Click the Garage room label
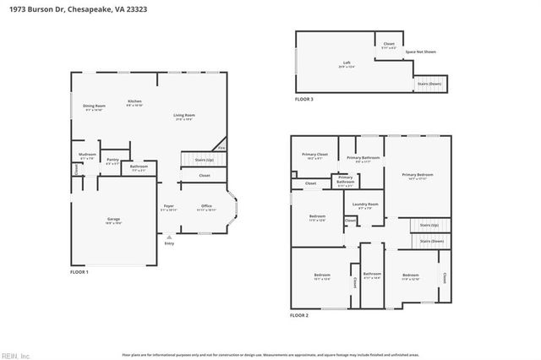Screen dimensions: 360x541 [113, 220]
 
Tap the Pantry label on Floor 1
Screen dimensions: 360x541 [112, 159]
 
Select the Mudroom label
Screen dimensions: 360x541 [87, 155]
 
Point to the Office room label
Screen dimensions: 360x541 [206, 206]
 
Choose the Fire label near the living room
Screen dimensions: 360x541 [221, 149]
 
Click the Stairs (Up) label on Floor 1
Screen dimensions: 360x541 [203, 159]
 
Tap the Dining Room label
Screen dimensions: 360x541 [93, 106]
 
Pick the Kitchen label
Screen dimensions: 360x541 [134, 101]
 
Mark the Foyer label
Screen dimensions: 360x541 [168, 206]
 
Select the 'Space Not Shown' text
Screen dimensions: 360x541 [420, 52]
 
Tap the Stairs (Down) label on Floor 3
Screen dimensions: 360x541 [429, 85]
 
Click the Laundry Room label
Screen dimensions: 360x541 [366, 204]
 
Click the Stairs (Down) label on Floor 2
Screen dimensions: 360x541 [431, 241]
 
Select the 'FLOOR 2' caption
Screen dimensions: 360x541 [299, 314]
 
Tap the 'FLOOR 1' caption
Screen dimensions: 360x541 [79, 271]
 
